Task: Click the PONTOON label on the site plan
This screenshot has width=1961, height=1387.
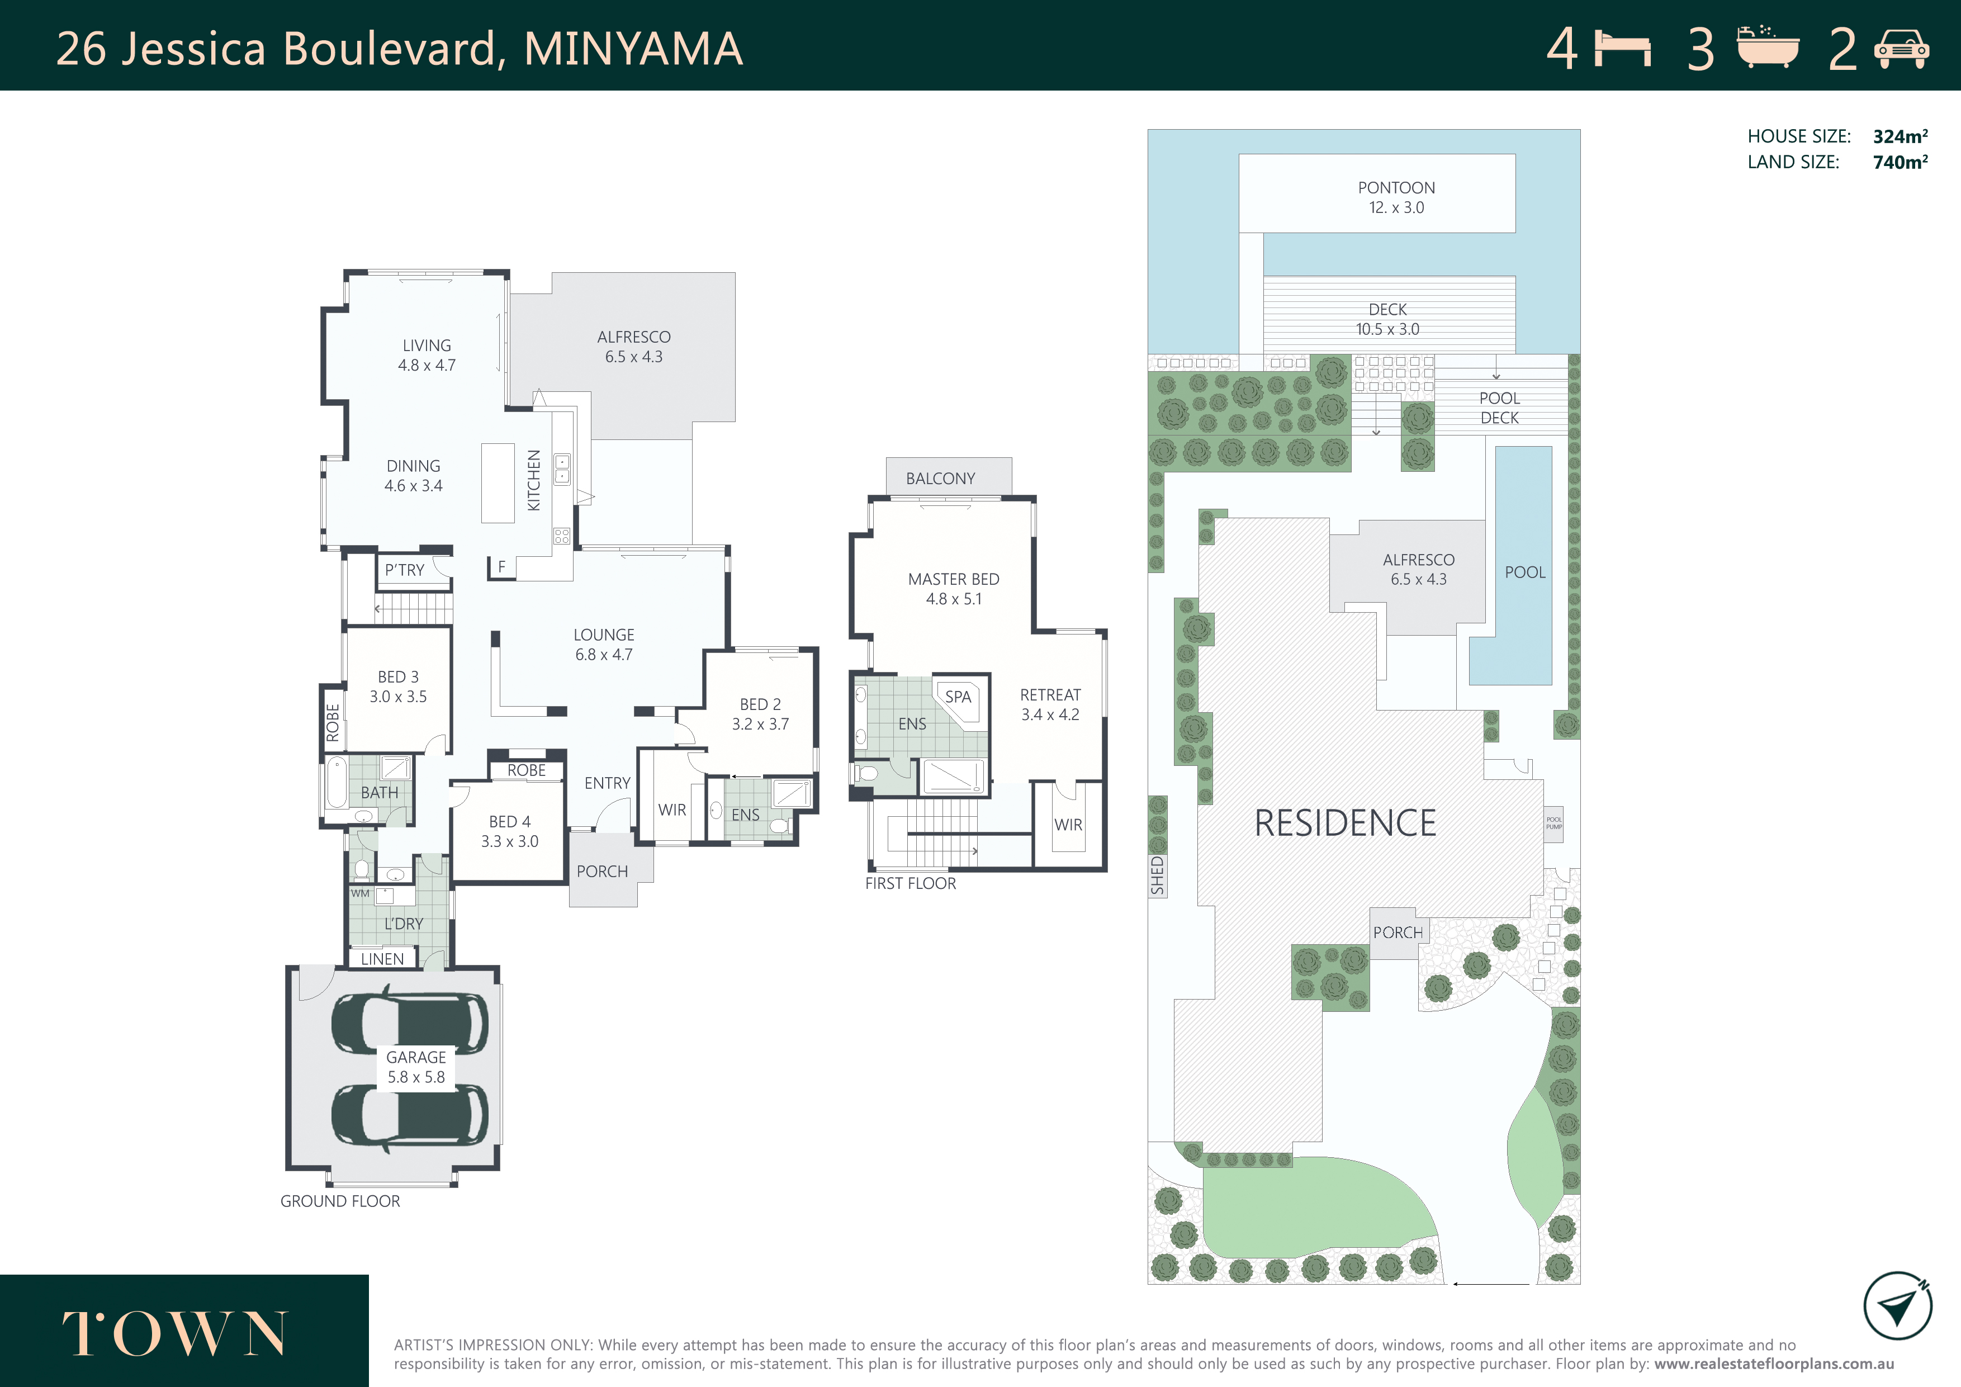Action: click(1396, 188)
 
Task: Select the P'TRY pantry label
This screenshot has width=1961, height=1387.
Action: click(404, 570)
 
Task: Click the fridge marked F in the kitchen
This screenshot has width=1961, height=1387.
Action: click(502, 567)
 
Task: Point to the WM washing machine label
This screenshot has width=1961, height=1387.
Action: click(361, 893)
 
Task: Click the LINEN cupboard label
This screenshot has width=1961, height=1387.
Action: click(382, 959)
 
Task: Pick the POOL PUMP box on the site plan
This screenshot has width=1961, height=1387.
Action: click(1553, 823)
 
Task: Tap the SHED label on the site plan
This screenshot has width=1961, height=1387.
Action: click(1157, 875)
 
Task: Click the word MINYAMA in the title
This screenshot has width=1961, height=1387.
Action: click(633, 49)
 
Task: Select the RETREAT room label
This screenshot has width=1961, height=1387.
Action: click(1050, 695)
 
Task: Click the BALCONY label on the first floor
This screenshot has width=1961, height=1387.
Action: click(940, 479)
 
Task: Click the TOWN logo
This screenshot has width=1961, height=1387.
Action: click(175, 1333)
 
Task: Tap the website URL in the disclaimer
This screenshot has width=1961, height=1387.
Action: click(1774, 1364)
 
